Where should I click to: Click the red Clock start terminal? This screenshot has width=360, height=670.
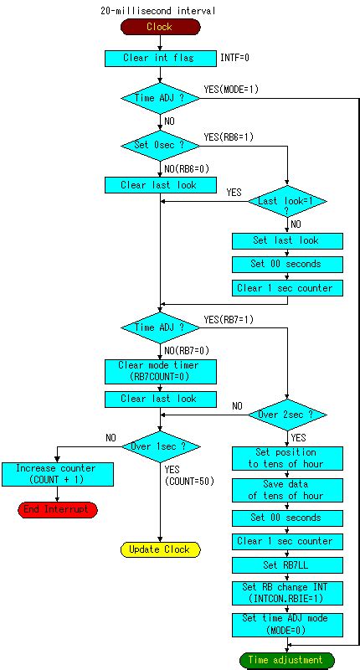point(159,27)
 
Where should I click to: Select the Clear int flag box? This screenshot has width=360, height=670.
point(159,59)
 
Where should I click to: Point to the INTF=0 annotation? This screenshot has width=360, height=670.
point(234,59)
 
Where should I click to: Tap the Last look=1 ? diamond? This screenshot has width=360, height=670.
point(286,202)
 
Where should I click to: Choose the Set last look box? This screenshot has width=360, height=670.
point(286,240)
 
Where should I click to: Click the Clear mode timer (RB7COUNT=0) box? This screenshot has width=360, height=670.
point(159,370)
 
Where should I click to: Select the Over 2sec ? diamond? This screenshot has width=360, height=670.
point(286,414)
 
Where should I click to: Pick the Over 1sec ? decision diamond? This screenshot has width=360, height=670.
point(159,446)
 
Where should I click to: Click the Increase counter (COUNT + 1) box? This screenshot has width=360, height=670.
point(55,473)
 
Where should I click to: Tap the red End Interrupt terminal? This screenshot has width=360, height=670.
point(58,509)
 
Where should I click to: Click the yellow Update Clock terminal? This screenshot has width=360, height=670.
point(159,549)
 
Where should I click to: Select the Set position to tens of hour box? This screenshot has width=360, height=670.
point(286,457)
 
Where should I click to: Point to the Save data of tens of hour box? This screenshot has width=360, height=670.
point(286,490)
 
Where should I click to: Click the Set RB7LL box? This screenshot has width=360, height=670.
point(286,564)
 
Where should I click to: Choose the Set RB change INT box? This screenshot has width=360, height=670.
point(286,593)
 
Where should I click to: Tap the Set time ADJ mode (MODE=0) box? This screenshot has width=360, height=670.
point(286,623)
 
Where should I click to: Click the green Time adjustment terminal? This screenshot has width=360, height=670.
point(286,660)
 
